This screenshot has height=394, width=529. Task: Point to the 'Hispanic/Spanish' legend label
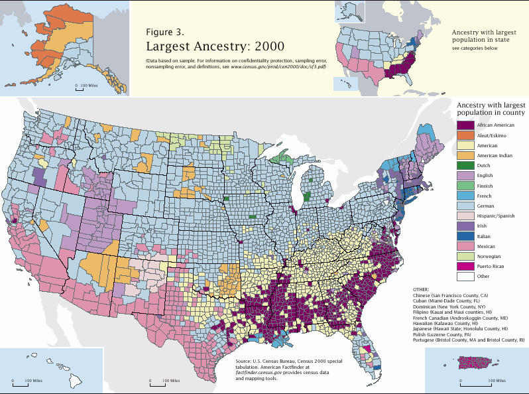[496, 216]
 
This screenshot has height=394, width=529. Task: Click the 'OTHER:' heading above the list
[420, 290]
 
